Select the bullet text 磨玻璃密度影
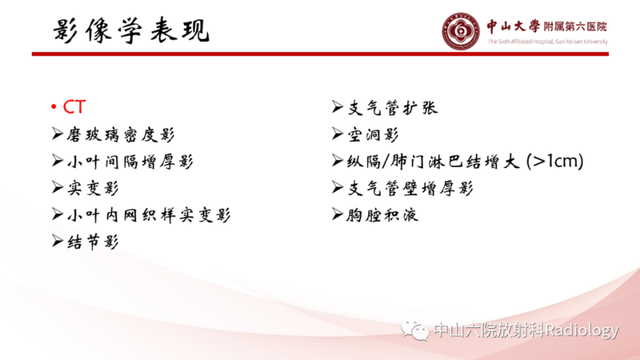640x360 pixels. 120,134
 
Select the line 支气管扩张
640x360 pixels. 392,108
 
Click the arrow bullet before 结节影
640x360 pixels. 57,242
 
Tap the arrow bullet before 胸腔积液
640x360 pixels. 338,214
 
